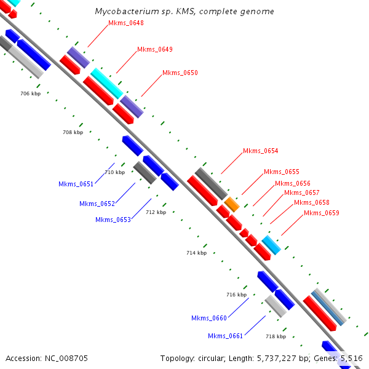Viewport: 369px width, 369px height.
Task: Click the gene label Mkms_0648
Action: pos(125,23)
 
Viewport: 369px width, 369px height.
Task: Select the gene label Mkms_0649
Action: pos(154,49)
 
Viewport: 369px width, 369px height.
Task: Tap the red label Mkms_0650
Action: pos(180,73)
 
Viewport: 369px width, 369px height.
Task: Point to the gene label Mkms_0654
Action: pos(260,151)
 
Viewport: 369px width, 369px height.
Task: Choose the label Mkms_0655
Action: pos(281,172)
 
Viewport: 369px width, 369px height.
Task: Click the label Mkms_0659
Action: pos(321,213)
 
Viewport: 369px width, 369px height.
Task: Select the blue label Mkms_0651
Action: pos(76,184)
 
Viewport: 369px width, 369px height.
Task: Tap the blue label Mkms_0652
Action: pos(97,204)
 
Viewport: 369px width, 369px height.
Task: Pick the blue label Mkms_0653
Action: pos(113,220)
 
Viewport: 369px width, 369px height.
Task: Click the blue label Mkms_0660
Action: pos(208,318)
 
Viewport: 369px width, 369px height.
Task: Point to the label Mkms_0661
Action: pos(225,335)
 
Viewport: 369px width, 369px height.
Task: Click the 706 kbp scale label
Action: pos(30,93)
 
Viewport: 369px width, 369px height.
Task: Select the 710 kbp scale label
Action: pos(114,172)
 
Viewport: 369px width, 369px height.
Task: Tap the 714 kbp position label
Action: pos(197,253)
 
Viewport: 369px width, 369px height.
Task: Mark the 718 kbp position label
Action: pos(276,336)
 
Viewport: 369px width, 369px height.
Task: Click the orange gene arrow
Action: pos(232,204)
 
